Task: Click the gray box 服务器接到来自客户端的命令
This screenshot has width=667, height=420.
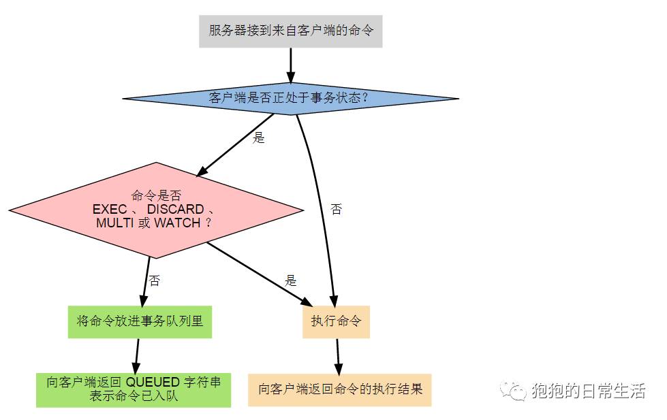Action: point(291,31)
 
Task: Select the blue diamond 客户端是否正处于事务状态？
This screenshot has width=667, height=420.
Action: point(290,98)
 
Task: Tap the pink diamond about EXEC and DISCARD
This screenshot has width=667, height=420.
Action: point(157,210)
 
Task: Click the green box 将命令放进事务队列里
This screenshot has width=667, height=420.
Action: point(140,321)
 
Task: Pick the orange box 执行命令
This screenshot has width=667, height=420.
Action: point(336,321)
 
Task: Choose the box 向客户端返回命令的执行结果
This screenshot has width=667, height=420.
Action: point(339,389)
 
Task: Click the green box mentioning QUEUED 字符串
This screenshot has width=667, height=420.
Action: point(134,389)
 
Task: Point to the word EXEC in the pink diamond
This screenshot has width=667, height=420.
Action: point(110,209)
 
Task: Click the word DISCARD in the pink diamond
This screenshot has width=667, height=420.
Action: point(176,209)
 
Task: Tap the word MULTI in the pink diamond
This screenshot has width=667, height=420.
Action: point(114,223)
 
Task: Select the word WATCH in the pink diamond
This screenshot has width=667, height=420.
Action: point(178,223)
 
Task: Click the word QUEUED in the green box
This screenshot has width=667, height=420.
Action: point(153,382)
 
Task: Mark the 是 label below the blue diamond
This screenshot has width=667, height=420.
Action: point(258,138)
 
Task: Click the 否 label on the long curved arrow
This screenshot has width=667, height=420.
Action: point(336,209)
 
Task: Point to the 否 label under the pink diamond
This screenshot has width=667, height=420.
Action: point(155,280)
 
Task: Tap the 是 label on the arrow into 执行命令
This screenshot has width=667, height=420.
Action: point(291,280)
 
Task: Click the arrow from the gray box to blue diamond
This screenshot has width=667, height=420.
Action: point(290,65)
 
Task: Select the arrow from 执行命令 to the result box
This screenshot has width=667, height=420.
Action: point(338,355)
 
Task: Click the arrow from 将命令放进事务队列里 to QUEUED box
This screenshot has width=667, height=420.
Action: point(136,355)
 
